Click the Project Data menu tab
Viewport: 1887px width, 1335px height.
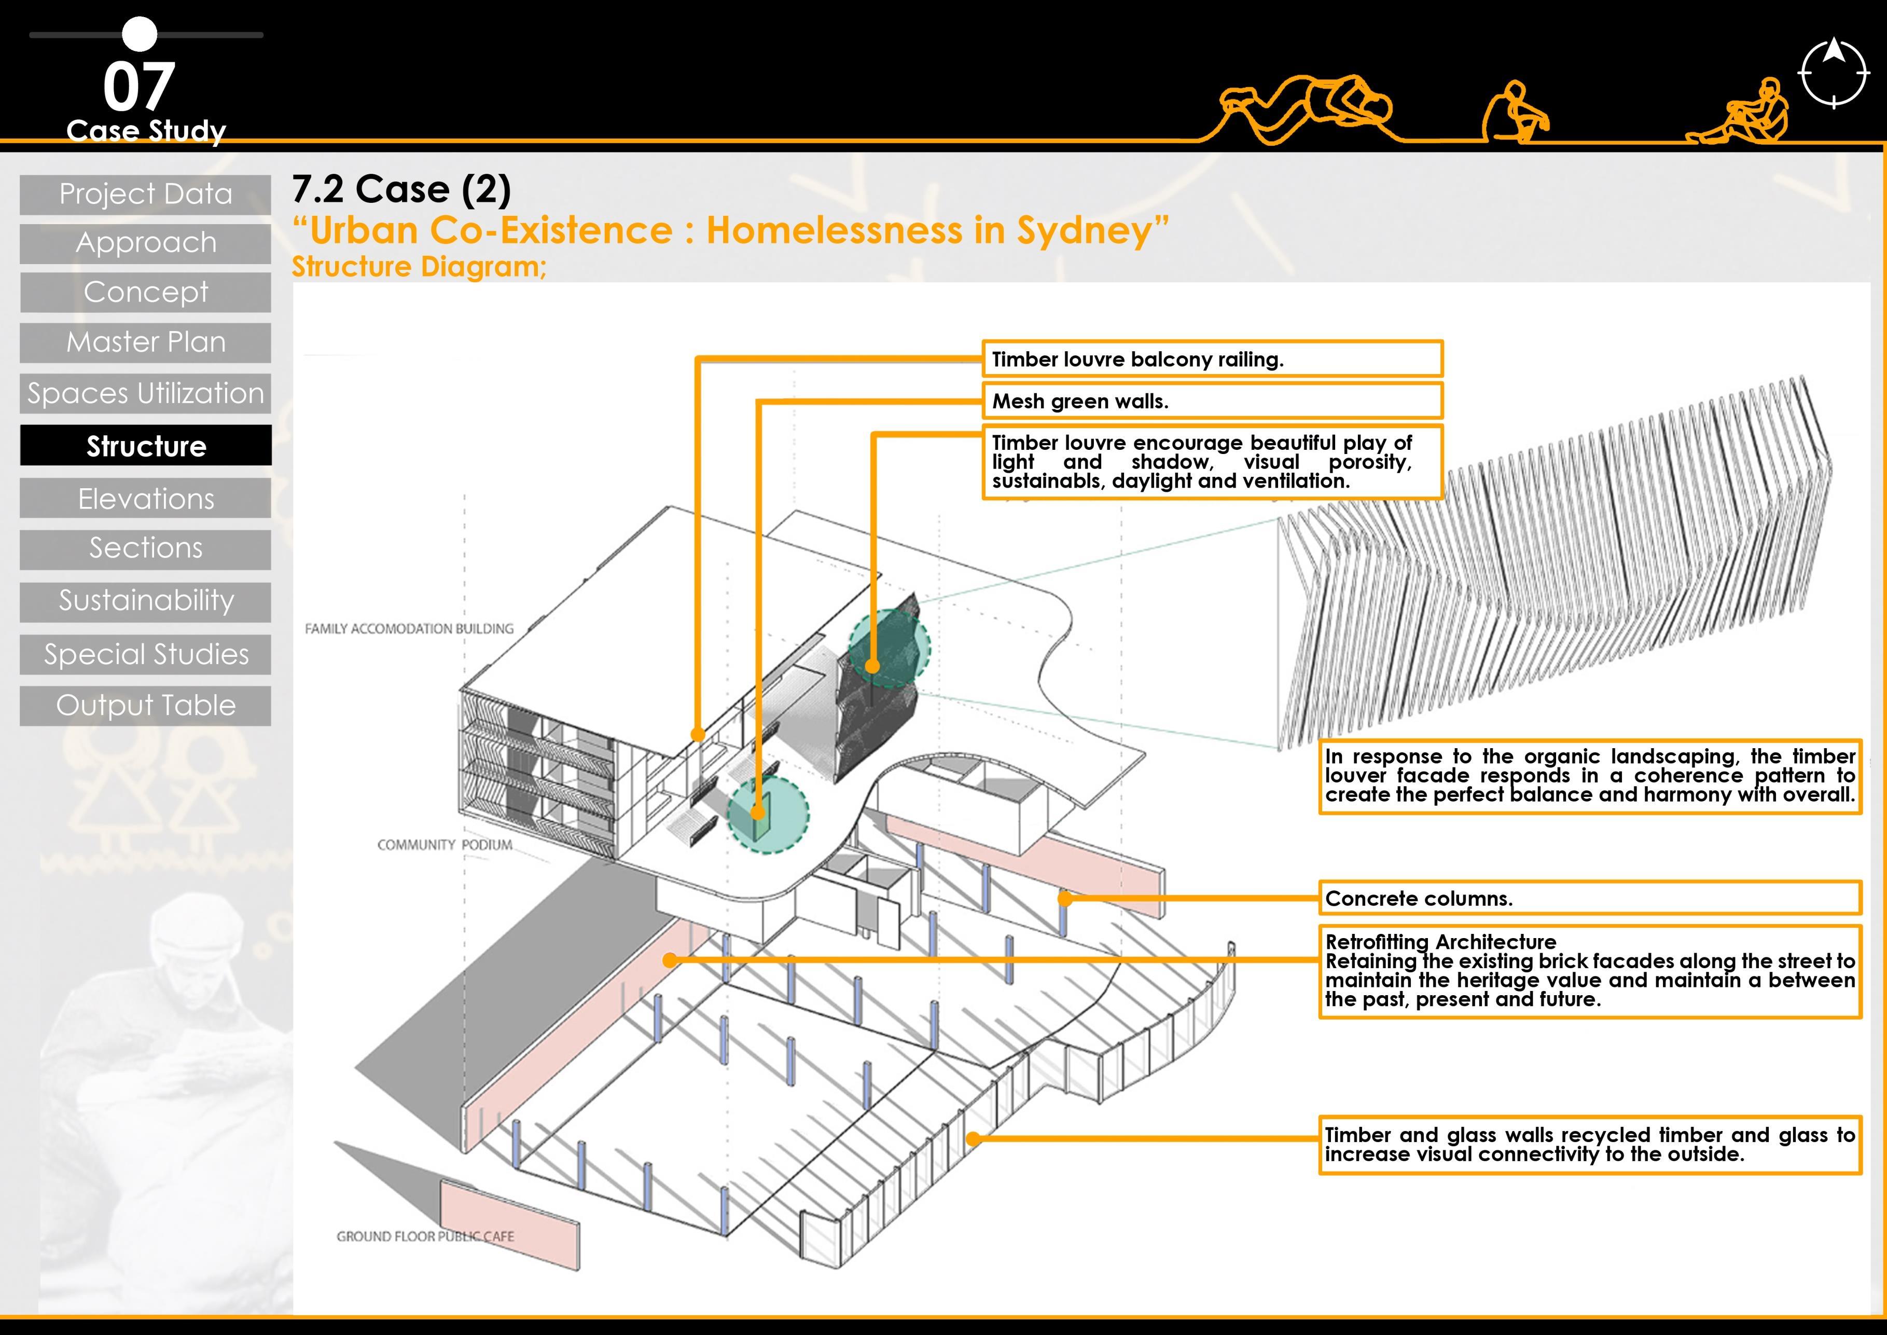coord(145,195)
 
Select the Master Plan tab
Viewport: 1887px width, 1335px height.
coord(145,342)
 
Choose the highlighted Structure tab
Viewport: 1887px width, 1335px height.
coord(145,446)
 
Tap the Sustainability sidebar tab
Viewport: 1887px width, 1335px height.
coord(145,601)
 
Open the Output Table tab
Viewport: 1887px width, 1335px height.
coord(145,705)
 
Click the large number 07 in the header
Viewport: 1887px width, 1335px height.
coord(139,87)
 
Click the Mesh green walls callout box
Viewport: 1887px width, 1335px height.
coord(1212,401)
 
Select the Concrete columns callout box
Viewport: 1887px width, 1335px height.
coord(1589,898)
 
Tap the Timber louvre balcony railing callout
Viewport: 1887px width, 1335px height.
coord(1212,359)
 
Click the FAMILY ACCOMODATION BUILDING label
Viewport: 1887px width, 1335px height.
coord(408,629)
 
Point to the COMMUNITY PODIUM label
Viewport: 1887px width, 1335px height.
coord(445,845)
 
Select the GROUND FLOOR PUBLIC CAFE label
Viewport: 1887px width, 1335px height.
coord(425,1236)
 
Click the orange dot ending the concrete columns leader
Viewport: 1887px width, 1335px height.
coord(1065,899)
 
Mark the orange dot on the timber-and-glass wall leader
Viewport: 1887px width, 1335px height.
coord(973,1138)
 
